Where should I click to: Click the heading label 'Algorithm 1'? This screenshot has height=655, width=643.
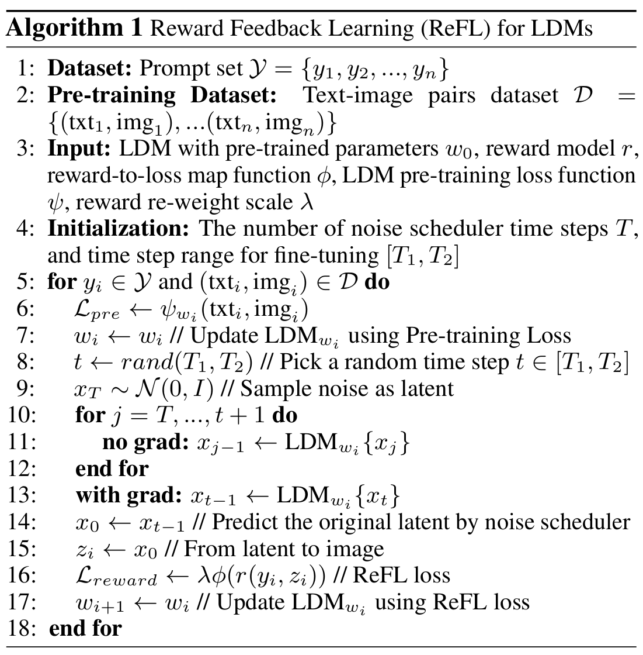74,28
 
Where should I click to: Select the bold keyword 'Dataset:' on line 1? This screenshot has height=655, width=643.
89,69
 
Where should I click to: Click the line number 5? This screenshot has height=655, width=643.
26,282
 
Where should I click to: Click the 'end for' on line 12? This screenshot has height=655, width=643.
112,469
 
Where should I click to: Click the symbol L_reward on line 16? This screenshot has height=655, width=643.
116,577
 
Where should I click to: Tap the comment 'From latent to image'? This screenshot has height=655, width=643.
284,549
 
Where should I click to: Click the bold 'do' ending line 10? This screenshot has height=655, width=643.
284,416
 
